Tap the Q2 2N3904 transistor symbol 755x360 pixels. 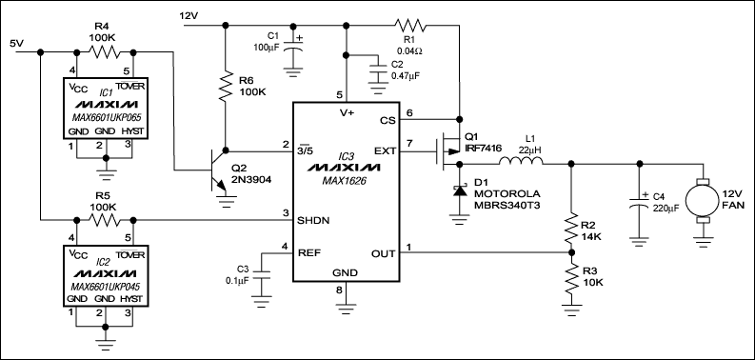point(218,172)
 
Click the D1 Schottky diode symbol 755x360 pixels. point(460,193)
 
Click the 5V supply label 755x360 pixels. point(17,44)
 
